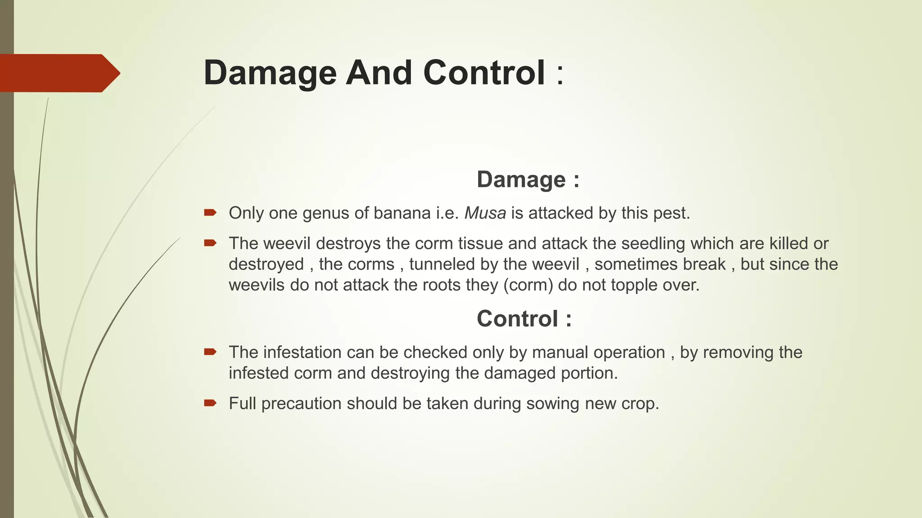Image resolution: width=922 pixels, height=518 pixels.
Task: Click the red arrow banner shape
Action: point(59,73)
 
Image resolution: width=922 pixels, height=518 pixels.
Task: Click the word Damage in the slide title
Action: point(270,73)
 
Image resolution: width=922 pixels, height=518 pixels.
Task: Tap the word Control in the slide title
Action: point(484,73)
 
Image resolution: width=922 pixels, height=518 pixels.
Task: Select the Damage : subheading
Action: point(528,179)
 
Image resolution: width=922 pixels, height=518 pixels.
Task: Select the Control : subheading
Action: point(524,319)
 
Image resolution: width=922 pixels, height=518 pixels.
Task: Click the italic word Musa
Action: point(485,213)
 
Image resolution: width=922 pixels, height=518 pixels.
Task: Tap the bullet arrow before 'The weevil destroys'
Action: point(210,243)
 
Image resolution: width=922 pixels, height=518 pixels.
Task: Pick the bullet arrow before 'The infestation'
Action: point(210,352)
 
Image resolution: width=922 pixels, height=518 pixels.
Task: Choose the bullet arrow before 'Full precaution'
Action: point(210,402)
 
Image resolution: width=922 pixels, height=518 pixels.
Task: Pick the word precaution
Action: point(301,404)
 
